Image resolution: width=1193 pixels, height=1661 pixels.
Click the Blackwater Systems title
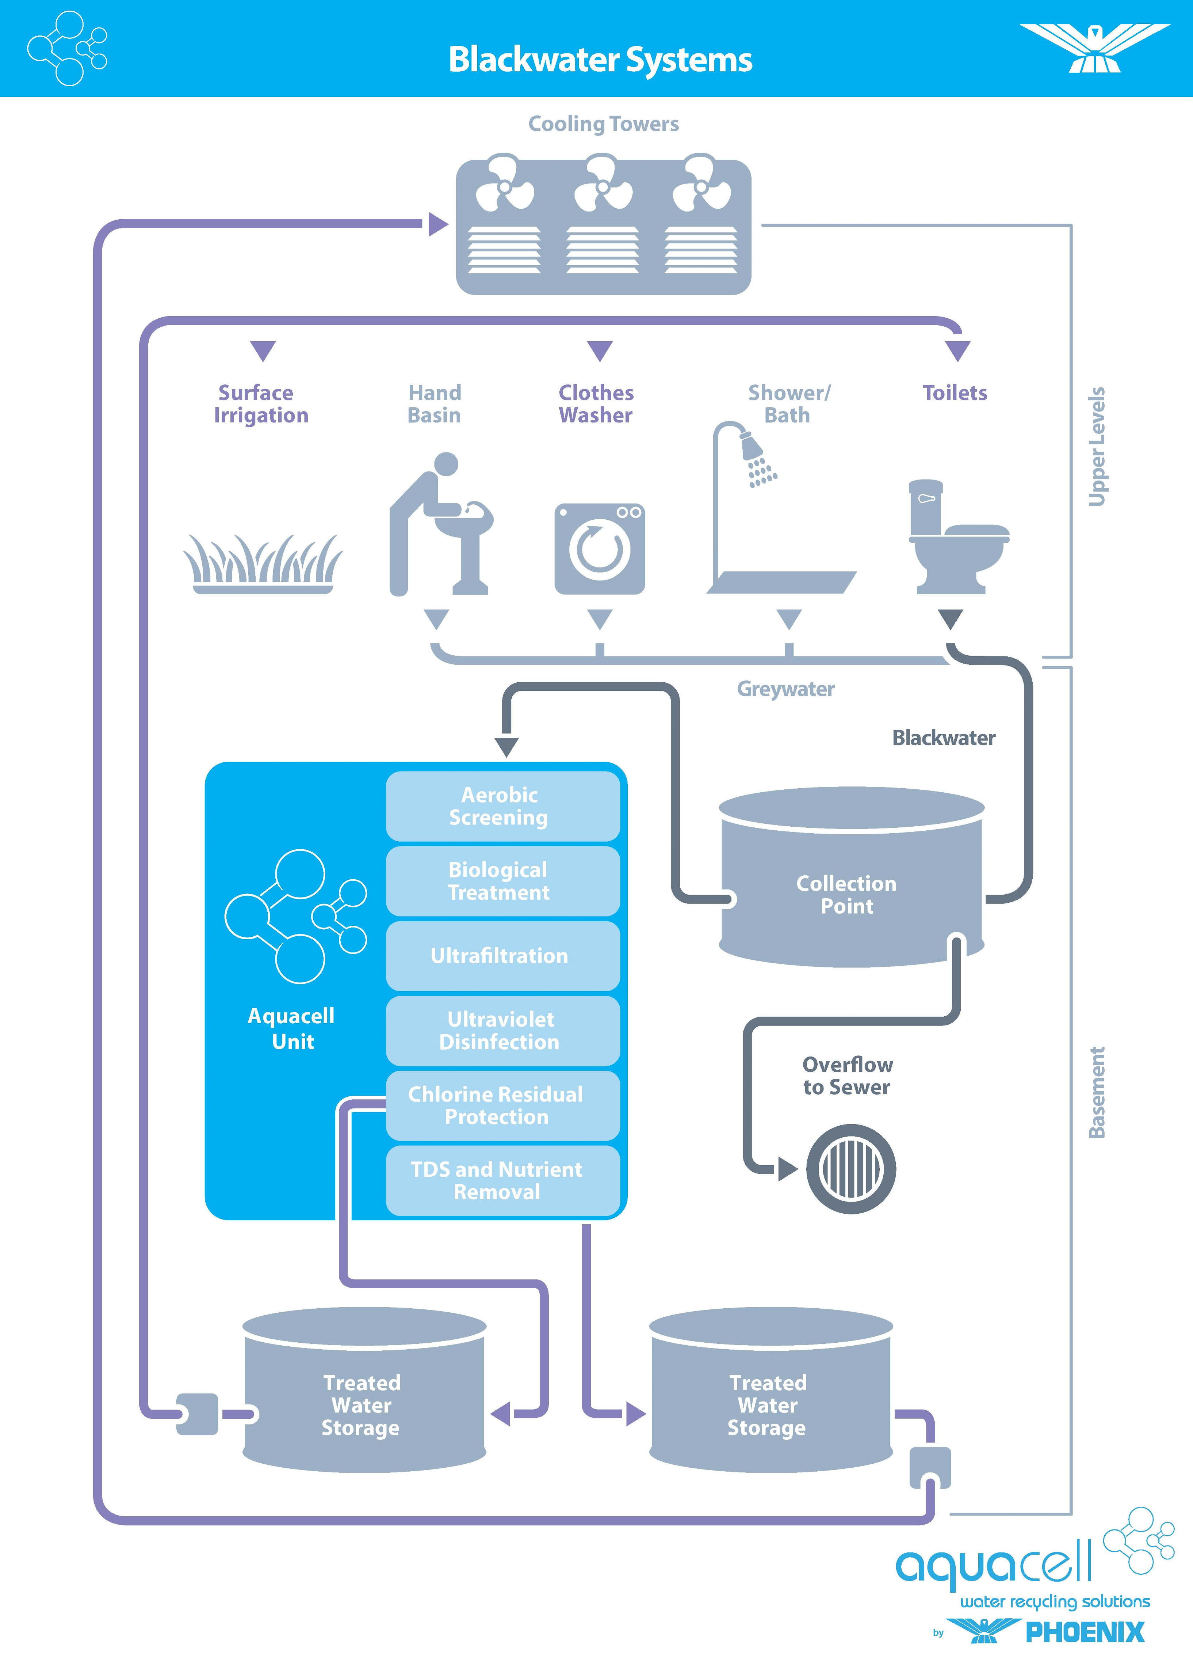pos(600,59)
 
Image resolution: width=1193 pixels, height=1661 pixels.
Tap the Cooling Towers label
pos(603,124)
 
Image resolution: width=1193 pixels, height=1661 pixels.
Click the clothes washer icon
pos(600,549)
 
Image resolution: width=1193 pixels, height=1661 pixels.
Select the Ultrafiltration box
pos(502,956)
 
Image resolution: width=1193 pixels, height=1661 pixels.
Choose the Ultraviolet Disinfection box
pos(502,1031)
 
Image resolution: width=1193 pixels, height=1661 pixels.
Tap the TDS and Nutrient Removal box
pos(502,1180)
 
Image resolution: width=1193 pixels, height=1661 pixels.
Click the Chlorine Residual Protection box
pos(502,1105)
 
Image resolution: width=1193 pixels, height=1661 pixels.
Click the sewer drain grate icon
pos(850,1169)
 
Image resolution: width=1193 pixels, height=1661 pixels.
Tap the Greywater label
pos(785,689)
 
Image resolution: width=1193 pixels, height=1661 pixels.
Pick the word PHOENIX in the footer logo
pos(1085,1632)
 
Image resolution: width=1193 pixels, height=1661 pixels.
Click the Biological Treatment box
pos(502,881)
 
